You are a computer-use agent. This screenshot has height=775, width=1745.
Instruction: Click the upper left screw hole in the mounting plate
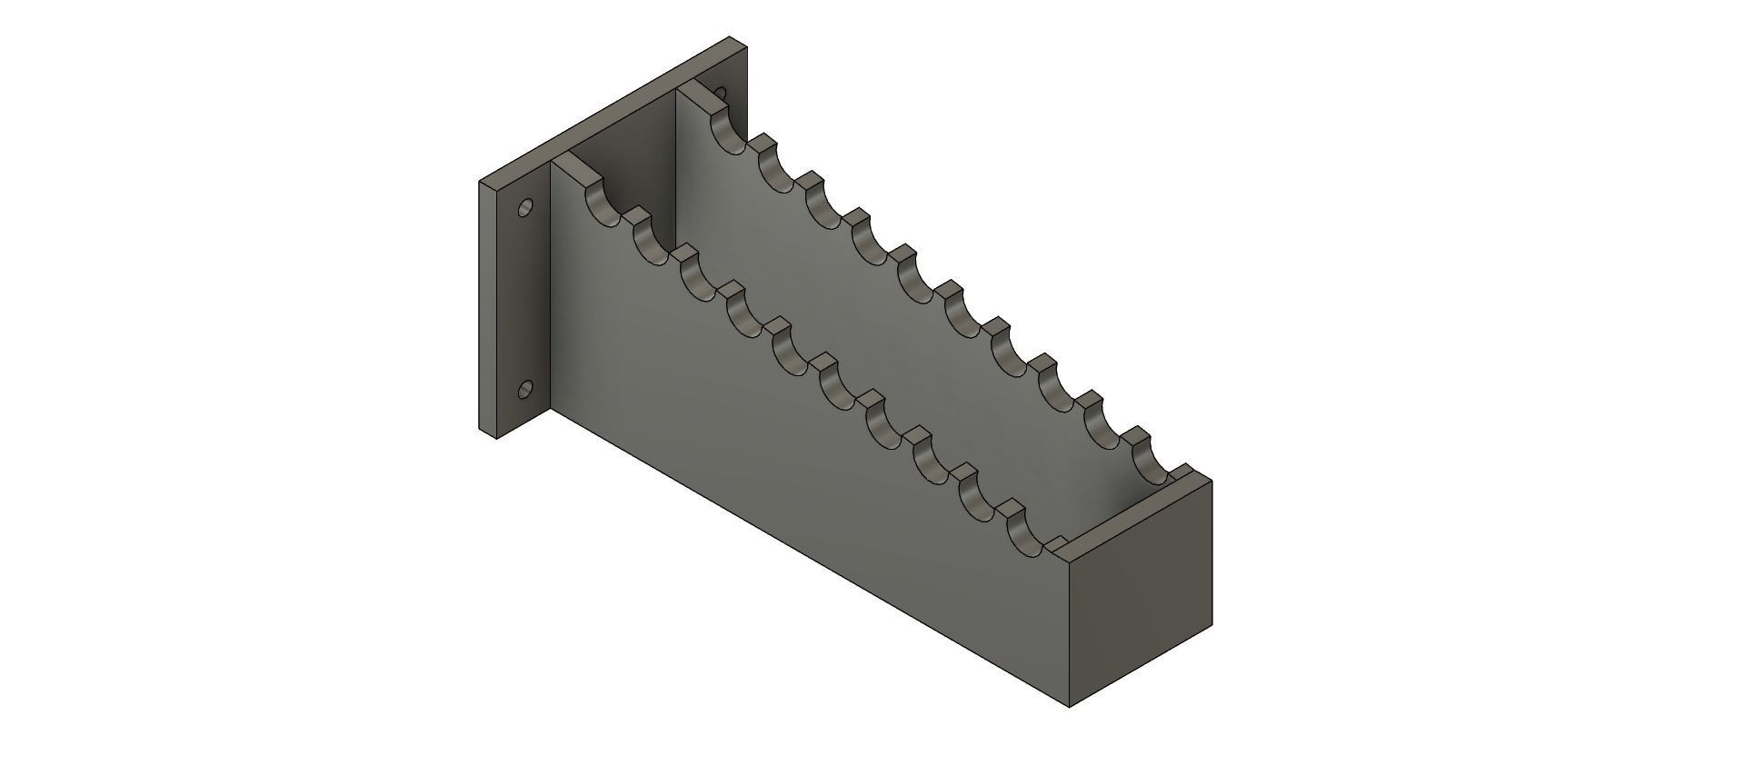tap(523, 209)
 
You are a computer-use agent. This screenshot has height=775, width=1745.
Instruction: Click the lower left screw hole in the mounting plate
tap(523, 391)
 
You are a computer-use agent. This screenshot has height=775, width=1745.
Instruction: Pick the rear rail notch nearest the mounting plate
tap(730, 133)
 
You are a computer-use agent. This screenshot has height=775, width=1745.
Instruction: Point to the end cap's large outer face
tap(1140, 591)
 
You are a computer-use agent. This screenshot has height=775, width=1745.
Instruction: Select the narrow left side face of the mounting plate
tap(488, 309)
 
